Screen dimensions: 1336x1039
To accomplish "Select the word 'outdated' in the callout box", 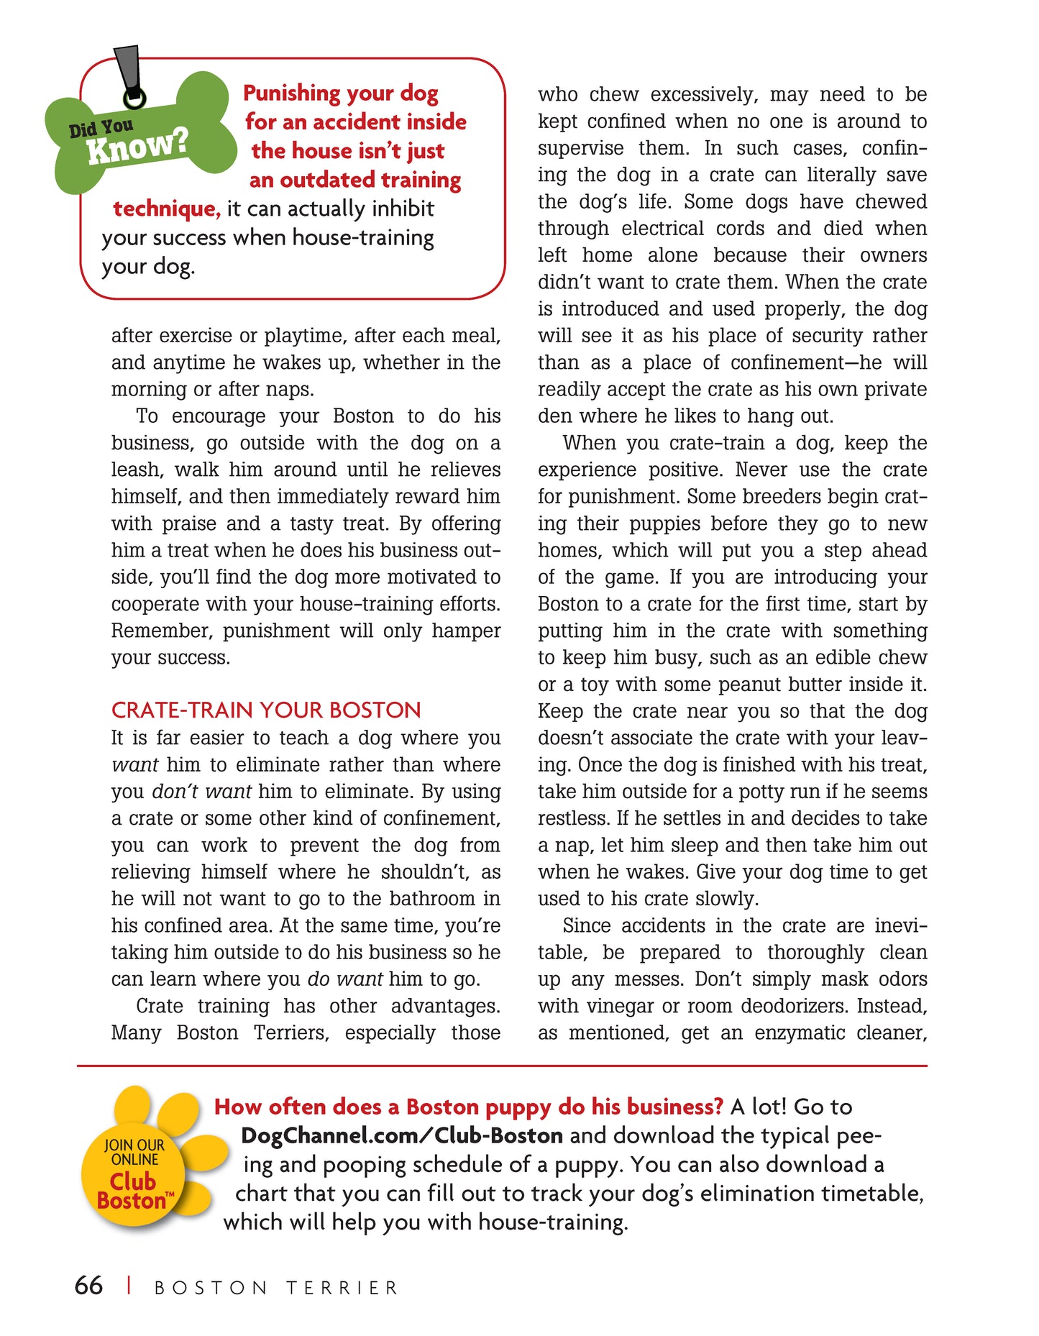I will point(327,180).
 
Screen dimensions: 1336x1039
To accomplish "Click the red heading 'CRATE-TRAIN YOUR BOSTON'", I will point(266,710).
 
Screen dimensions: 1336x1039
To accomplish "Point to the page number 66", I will point(88,1286).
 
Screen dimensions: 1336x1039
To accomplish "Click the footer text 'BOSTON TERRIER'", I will point(276,1288).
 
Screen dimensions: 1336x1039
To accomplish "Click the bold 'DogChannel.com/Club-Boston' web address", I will point(402,1136).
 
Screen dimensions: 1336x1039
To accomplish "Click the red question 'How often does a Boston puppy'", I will point(468,1107).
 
